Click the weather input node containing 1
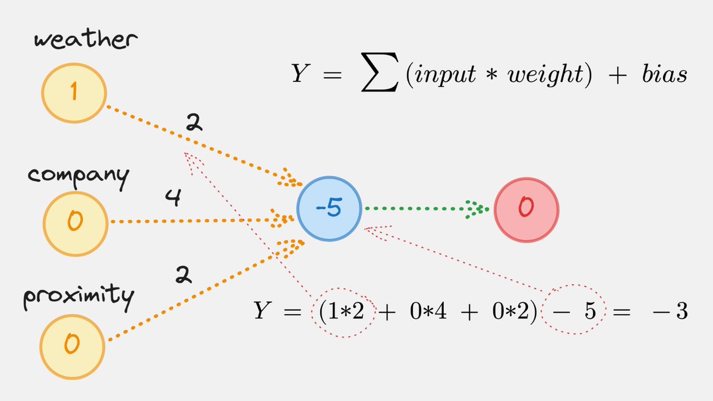click(x=74, y=93)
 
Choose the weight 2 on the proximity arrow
click(x=183, y=274)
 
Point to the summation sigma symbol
click(x=379, y=75)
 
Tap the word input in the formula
click(x=440, y=76)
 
